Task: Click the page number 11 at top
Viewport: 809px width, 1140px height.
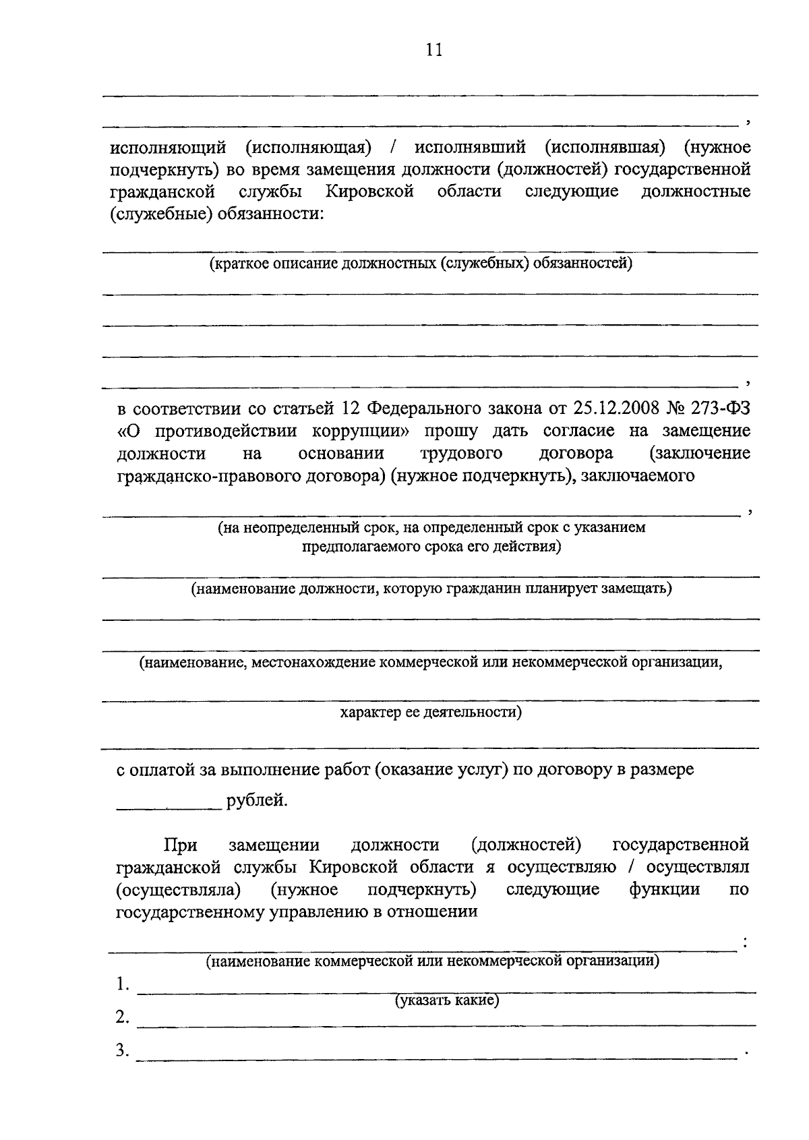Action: tap(434, 50)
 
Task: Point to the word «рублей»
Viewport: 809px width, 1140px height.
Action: tap(257, 800)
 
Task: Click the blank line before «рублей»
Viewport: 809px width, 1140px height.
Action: tap(169, 806)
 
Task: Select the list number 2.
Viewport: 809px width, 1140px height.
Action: tap(122, 1017)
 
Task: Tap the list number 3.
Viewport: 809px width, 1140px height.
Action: tap(122, 1050)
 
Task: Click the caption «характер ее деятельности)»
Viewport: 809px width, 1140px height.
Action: tap(431, 712)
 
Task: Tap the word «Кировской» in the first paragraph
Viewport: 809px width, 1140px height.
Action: tap(369, 191)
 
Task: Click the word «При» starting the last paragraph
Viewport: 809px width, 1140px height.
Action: tap(180, 845)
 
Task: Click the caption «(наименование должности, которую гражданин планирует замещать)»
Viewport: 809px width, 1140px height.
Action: tap(431, 589)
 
